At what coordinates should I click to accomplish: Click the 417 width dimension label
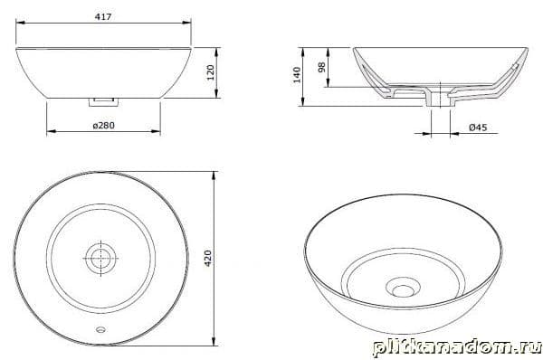click(103, 16)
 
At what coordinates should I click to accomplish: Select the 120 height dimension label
click(211, 72)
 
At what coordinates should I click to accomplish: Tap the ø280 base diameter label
click(103, 126)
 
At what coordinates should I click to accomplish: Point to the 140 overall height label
click(297, 75)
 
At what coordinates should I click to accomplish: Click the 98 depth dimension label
click(321, 67)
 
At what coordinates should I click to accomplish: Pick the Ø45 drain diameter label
click(478, 128)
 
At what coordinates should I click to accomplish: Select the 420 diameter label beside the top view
click(208, 258)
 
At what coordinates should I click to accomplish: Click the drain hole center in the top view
click(100, 258)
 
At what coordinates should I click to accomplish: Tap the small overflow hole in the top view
click(101, 329)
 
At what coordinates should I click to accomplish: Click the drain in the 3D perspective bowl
click(403, 289)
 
